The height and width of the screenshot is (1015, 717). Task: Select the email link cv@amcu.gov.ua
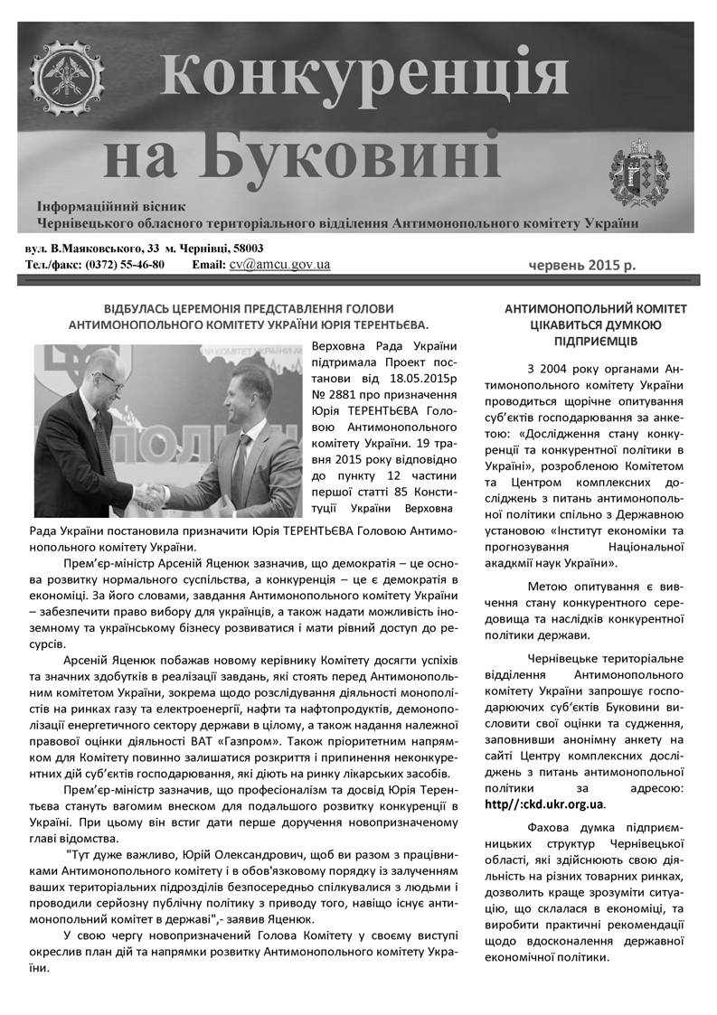[x=279, y=265]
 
